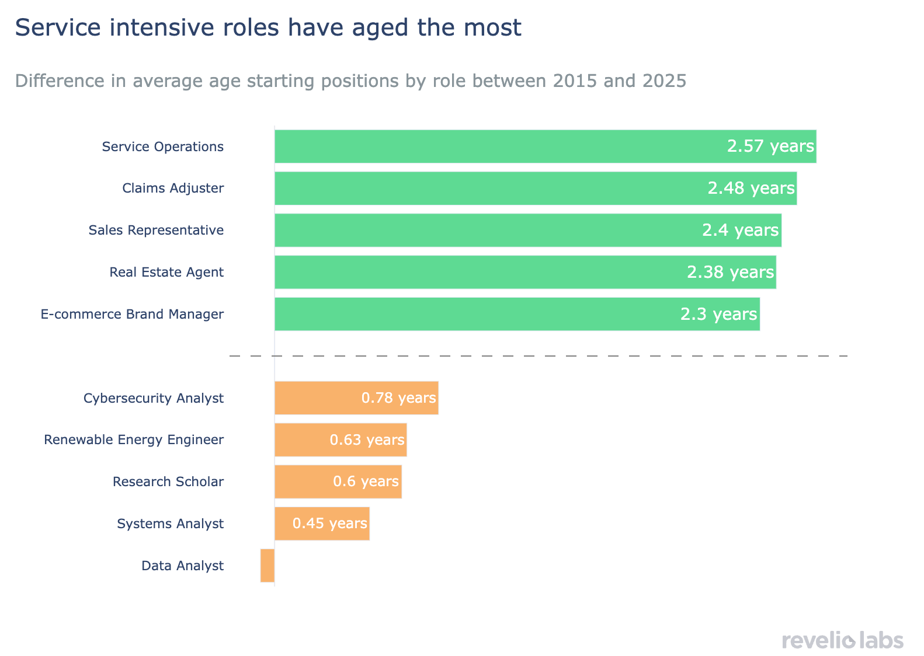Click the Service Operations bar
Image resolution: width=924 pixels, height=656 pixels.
(496, 146)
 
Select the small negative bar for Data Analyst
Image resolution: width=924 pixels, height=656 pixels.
(268, 566)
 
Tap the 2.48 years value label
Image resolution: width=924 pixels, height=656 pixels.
(751, 189)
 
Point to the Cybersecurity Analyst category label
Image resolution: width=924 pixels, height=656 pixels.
(154, 399)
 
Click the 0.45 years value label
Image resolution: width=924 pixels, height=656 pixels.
(330, 524)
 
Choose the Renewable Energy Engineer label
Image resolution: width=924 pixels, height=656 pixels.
(134, 440)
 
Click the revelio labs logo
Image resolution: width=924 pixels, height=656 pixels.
(842, 640)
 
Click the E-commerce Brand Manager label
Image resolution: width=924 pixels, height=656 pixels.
(132, 315)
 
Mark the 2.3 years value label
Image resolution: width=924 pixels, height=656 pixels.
(719, 315)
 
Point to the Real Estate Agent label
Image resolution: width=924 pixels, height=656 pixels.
(166, 273)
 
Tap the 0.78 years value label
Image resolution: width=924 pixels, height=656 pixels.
(399, 399)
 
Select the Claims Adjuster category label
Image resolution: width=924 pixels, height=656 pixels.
(173, 189)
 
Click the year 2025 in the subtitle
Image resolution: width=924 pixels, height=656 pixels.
(664, 81)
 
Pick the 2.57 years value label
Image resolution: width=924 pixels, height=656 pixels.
(770, 146)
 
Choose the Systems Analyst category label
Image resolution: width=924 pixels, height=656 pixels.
(170, 524)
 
